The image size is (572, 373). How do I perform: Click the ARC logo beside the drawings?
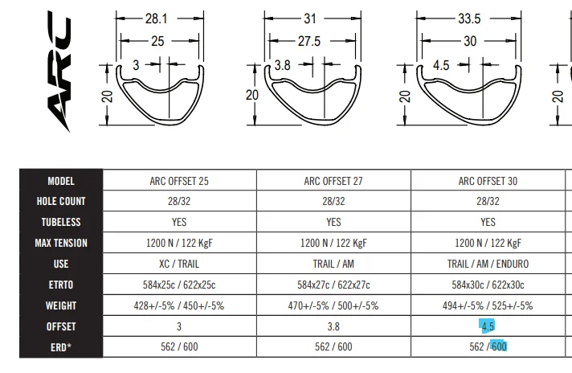[59, 72]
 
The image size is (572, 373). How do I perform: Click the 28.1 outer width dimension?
[156, 18]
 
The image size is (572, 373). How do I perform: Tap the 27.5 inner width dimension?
[309, 41]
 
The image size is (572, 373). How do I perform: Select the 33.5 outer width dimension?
[469, 18]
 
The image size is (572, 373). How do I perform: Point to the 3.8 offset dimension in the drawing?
[282, 65]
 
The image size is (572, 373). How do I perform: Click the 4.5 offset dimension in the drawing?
[441, 65]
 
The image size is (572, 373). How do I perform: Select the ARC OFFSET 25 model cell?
[179, 181]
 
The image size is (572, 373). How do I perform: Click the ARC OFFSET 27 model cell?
[333, 181]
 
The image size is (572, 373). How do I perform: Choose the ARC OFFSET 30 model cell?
[488, 181]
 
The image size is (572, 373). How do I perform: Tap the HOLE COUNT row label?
[61, 201]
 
